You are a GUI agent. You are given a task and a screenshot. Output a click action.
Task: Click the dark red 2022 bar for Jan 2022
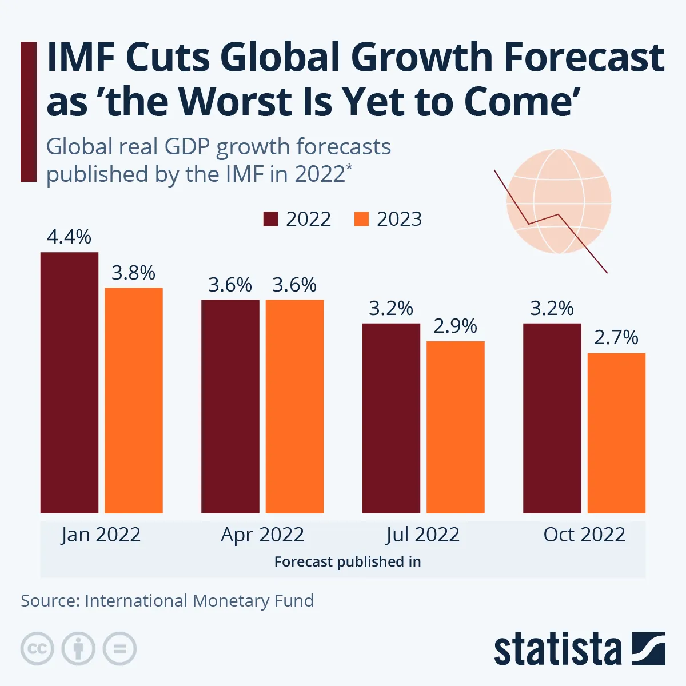click(x=69, y=382)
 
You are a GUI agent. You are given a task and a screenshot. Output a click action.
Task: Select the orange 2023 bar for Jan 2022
click(x=134, y=400)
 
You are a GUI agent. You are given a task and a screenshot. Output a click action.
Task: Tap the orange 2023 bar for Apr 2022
click(x=294, y=406)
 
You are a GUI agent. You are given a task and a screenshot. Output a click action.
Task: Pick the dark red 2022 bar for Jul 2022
click(x=391, y=418)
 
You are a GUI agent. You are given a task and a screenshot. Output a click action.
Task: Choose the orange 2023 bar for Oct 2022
click(x=616, y=433)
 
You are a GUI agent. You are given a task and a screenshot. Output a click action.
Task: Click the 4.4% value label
click(x=69, y=237)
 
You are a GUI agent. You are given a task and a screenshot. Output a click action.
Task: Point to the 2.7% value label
click(x=616, y=338)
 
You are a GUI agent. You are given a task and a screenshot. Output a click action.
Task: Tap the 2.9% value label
click(x=456, y=326)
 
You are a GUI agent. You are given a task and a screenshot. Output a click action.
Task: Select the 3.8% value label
click(x=134, y=273)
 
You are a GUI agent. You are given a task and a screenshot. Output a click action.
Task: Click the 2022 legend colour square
click(x=270, y=219)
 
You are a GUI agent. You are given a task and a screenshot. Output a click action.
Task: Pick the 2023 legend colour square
click(x=361, y=219)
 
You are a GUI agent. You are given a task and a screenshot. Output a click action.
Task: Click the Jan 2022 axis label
click(x=101, y=535)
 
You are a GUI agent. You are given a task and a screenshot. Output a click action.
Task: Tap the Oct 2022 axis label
click(x=584, y=535)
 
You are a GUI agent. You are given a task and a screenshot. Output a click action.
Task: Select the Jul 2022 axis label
click(x=423, y=535)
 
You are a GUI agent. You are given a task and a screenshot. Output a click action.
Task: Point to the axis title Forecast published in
click(x=348, y=562)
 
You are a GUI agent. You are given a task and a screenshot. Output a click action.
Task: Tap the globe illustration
click(x=559, y=201)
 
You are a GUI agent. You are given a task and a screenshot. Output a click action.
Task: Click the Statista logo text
click(x=557, y=649)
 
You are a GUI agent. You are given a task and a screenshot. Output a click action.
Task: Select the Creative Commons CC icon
click(x=37, y=649)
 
